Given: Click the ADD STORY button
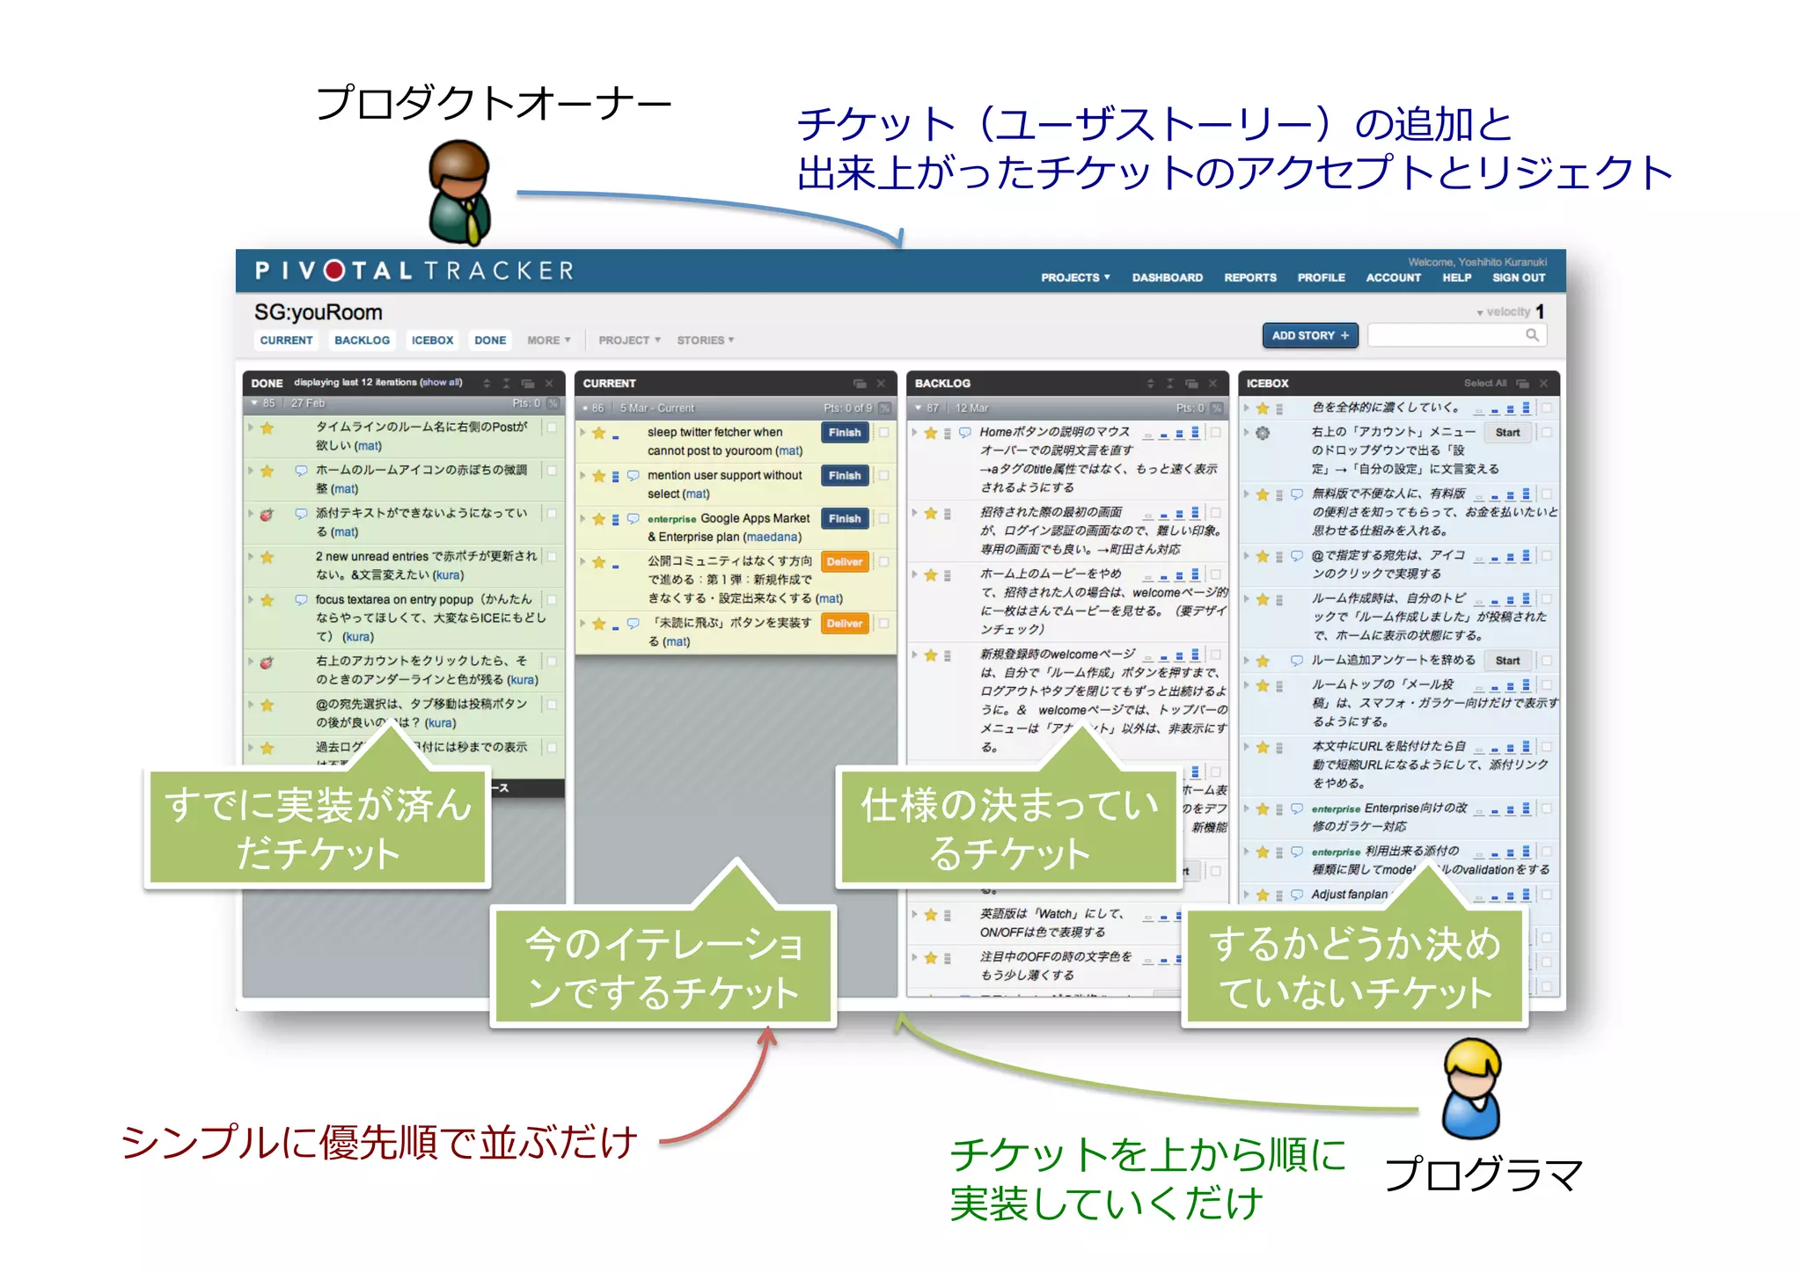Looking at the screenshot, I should click(1309, 335).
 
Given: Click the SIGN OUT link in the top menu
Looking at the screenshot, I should click(1518, 277).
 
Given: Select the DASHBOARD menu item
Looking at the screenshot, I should click(1167, 277).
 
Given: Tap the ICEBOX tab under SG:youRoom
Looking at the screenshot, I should click(432, 340).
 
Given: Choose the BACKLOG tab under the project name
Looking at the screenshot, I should click(362, 340).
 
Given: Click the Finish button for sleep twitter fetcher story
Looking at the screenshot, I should click(844, 432).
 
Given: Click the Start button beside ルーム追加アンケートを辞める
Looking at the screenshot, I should click(1506, 660).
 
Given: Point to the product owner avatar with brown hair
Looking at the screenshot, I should click(459, 193).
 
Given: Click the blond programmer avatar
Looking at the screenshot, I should click(1472, 1088).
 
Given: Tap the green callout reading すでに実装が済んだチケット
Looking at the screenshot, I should click(317, 828).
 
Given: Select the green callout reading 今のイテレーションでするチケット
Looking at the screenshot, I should click(663, 967).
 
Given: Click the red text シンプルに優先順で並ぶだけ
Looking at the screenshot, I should click(378, 1142).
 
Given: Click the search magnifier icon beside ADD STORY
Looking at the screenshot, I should click(1532, 335).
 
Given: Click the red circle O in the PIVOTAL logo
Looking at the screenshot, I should click(334, 270).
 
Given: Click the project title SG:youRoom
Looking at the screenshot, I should click(318, 312).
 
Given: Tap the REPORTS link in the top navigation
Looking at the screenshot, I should click(1249, 277).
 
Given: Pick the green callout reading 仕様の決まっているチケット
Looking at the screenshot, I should click(1008, 828).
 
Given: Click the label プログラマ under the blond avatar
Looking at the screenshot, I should click(1483, 1174).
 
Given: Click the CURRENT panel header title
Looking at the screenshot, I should click(609, 384).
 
